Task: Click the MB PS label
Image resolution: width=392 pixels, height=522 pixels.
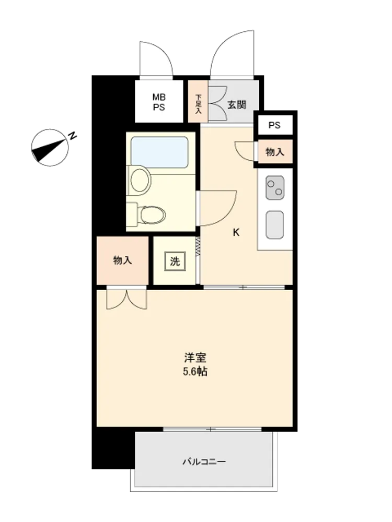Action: point(159,102)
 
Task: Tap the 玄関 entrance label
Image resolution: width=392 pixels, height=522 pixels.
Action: point(237,105)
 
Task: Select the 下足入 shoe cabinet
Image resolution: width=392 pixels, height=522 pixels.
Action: point(198,101)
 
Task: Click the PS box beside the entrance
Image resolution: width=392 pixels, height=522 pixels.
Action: point(274,125)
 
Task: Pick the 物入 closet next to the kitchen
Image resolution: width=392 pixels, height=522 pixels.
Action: point(275,152)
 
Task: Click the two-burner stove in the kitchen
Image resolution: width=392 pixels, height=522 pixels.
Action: point(275,188)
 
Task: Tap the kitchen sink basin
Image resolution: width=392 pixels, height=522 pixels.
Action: point(275,225)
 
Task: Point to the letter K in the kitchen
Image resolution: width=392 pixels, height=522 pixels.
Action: point(236,232)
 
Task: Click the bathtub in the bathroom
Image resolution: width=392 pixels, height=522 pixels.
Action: point(159,152)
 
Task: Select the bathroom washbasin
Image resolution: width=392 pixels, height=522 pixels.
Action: point(140,181)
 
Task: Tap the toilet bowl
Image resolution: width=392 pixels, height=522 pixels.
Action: point(152,215)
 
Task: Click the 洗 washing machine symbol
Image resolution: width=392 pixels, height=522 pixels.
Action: point(175,262)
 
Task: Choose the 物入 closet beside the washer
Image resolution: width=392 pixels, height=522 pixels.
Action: point(122,260)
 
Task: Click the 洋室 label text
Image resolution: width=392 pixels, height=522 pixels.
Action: point(195,358)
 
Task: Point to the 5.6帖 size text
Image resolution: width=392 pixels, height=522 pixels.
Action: point(195,372)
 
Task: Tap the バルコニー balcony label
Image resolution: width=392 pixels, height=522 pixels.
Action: point(204,462)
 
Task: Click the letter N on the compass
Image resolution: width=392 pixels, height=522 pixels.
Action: point(72,136)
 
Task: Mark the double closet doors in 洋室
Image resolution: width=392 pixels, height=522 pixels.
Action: point(126,299)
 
